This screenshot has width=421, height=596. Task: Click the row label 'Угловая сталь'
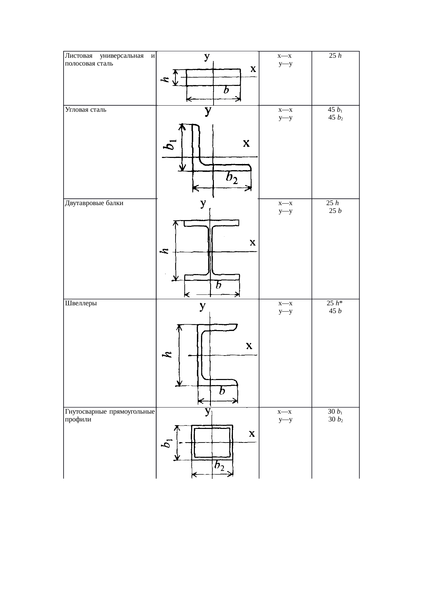point(85,110)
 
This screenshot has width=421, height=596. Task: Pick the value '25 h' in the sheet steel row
point(335,56)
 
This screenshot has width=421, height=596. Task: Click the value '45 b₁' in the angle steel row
point(335,110)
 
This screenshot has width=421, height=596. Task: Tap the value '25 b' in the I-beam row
point(335,211)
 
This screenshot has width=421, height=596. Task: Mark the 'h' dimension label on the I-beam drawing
point(164,251)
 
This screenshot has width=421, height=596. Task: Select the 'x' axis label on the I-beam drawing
point(253,242)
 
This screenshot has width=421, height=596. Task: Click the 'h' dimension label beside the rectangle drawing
point(165,79)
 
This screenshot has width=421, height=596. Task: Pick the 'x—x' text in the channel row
point(286,303)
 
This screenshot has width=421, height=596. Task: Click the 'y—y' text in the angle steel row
point(286,118)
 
